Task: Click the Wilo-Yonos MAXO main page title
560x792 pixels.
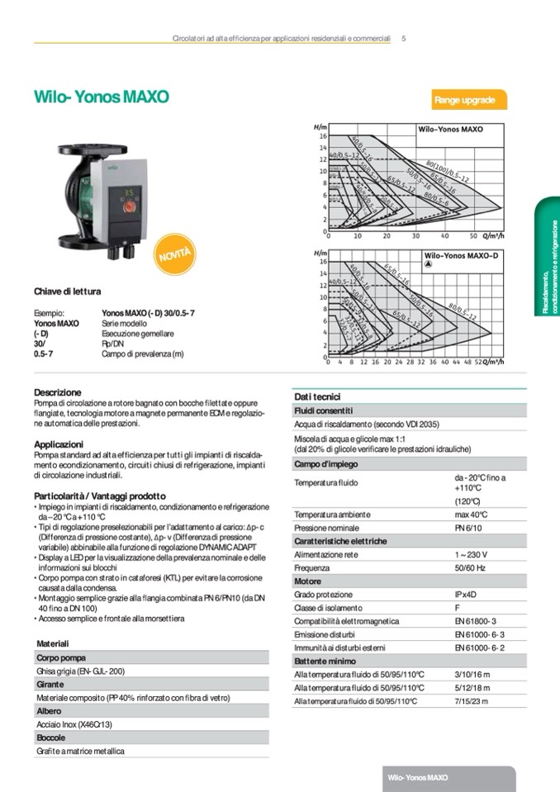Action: tap(102, 97)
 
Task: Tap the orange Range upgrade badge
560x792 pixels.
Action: tap(464, 101)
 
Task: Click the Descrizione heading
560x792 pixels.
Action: tap(58, 392)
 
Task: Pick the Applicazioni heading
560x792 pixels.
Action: tap(59, 443)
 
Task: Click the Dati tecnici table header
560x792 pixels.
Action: tap(317, 396)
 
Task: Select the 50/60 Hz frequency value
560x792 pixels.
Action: tap(472, 568)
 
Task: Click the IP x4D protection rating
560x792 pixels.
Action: tap(469, 595)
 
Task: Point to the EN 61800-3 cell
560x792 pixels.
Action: tap(475, 621)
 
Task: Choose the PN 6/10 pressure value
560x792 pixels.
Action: tap(469, 528)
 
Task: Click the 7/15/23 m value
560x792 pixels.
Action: tap(472, 701)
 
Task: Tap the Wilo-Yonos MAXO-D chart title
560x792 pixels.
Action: tap(462, 256)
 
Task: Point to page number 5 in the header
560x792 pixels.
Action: tap(403, 38)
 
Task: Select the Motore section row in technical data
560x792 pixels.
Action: tap(308, 581)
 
